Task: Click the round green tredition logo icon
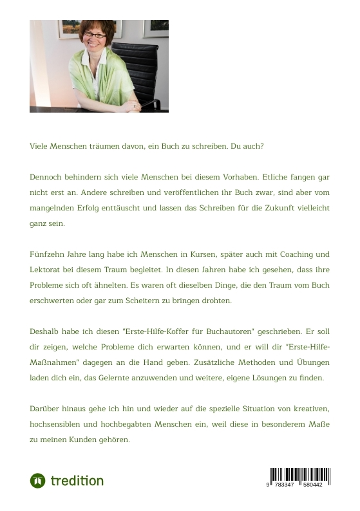(x=37, y=481)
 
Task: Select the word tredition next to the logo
(x=77, y=481)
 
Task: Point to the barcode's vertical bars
(x=299, y=474)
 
